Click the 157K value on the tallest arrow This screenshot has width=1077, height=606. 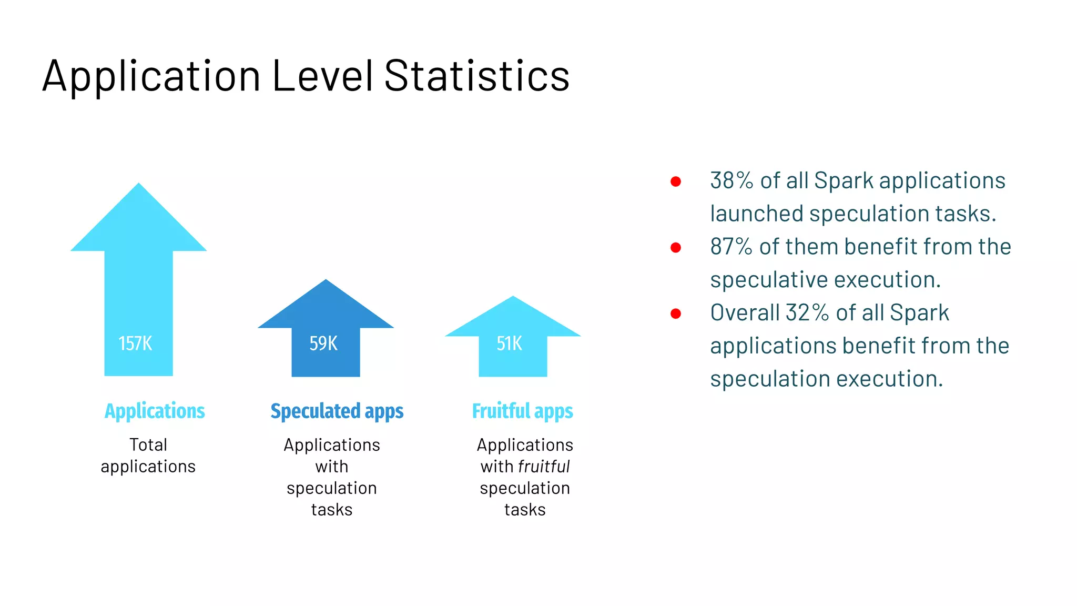135,344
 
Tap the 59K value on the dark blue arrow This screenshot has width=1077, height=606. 323,344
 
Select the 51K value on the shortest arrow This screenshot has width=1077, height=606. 509,344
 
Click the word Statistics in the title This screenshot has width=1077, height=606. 476,76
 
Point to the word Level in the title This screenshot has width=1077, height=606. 322,76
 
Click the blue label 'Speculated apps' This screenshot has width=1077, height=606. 337,411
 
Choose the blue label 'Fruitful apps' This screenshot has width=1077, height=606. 522,411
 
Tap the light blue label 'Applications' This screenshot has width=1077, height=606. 155,411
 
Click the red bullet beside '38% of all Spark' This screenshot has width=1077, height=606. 676,182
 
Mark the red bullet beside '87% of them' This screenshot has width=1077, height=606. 676,248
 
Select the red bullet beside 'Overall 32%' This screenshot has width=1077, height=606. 676,314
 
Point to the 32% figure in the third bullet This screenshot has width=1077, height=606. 807,313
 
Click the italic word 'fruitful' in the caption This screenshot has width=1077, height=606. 544,467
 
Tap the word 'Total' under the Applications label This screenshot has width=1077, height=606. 148,445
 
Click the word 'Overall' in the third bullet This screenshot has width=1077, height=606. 745,313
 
